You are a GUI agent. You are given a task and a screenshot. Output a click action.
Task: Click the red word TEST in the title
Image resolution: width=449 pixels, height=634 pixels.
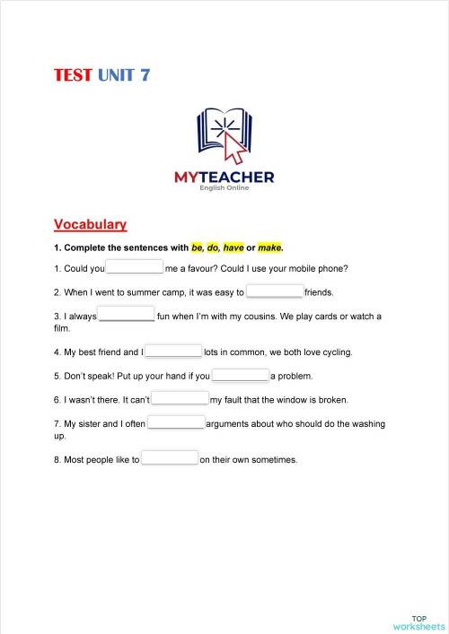[x=73, y=75]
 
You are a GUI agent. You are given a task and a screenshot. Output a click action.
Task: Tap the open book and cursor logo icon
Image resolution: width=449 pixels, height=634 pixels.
[x=224, y=135]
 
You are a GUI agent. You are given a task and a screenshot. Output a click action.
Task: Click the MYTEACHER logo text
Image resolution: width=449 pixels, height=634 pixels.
[x=224, y=178]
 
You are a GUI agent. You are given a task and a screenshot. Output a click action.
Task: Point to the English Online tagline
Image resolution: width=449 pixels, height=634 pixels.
[x=224, y=188]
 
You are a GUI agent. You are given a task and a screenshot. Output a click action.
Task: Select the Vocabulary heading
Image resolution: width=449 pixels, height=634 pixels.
[x=90, y=224]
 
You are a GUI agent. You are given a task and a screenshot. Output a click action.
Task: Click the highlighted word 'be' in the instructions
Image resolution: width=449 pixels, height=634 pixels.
[x=198, y=248]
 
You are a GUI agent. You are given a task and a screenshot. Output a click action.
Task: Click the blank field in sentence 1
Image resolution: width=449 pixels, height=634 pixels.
[x=135, y=267]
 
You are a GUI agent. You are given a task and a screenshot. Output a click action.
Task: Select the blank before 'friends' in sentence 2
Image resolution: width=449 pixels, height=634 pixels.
[x=275, y=291]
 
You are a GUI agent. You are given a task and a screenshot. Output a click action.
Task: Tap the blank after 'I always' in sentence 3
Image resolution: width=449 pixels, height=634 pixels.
[x=127, y=315]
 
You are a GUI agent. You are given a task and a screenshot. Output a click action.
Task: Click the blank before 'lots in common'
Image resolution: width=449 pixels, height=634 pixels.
[x=173, y=352]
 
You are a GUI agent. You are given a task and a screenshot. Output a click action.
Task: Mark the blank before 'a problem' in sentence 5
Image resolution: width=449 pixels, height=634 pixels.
[x=241, y=376]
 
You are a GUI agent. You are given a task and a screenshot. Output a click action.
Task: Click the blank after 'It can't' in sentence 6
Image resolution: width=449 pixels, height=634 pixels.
[x=180, y=399]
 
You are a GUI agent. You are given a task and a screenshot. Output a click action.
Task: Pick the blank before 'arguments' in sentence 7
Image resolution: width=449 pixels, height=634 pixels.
[x=176, y=422]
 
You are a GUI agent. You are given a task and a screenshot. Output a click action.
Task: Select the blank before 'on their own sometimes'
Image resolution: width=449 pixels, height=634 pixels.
[x=170, y=459]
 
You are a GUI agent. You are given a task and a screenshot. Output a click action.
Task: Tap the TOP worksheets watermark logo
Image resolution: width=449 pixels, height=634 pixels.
[x=418, y=622]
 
